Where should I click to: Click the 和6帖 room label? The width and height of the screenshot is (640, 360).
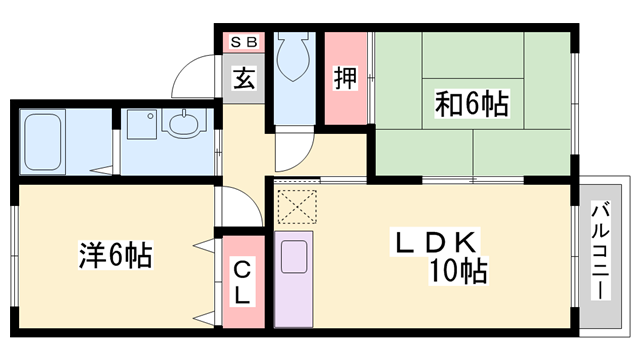(471, 103)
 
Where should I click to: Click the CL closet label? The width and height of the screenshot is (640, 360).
(243, 281)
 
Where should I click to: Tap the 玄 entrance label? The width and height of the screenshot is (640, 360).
(243, 79)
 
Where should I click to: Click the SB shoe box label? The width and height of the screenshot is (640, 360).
(243, 42)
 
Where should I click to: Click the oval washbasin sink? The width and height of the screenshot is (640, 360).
(186, 127)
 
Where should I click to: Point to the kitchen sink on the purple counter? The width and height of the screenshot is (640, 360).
(295, 258)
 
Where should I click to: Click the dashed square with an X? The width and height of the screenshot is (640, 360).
(295, 206)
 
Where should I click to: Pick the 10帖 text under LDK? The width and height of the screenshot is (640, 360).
(460, 271)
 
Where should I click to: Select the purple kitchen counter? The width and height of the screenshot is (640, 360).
(295, 280)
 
